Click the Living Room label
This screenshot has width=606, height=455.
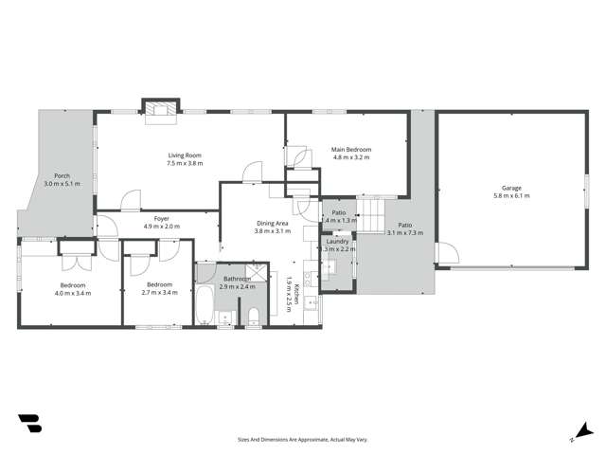(186, 155)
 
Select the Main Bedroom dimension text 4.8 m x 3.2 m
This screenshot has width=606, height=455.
(351, 158)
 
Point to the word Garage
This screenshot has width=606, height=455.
(511, 188)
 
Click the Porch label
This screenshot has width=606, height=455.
(62, 175)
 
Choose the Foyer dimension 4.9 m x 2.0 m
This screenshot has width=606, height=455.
(161, 227)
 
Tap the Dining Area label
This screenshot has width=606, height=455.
(273, 224)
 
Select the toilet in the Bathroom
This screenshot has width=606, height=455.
(253, 315)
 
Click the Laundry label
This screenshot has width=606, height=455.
(338, 241)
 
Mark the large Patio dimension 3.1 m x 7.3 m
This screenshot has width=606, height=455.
(404, 232)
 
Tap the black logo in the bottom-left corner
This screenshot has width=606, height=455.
(29, 424)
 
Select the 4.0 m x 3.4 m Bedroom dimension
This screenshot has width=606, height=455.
(73, 293)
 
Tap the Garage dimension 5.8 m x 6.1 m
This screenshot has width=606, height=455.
(511, 196)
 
